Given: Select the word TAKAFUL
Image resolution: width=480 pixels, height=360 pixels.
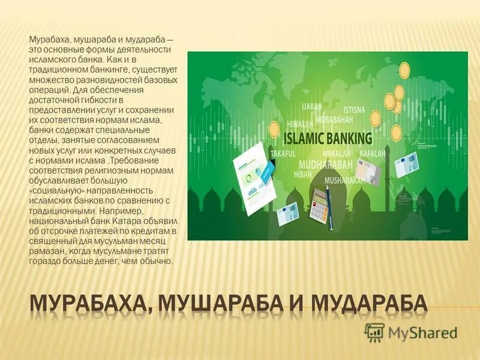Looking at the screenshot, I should tap(285, 154).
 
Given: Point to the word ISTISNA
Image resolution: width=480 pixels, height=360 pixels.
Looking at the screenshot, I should tap(354, 110).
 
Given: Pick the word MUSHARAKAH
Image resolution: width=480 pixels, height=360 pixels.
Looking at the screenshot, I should tap(344, 179).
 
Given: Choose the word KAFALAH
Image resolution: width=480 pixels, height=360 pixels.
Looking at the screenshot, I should tap(372, 154).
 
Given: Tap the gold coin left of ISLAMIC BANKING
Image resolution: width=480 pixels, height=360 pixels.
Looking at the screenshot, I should tap(274, 128).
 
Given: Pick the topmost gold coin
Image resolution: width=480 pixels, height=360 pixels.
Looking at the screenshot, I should tap(404, 69).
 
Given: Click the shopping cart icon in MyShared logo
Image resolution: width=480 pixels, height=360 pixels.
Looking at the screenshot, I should tap(374, 332).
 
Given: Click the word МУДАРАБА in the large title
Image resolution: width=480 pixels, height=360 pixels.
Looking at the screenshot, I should tap(367, 303).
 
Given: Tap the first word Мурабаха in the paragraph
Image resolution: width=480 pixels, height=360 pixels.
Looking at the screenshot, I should tap(47, 40).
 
